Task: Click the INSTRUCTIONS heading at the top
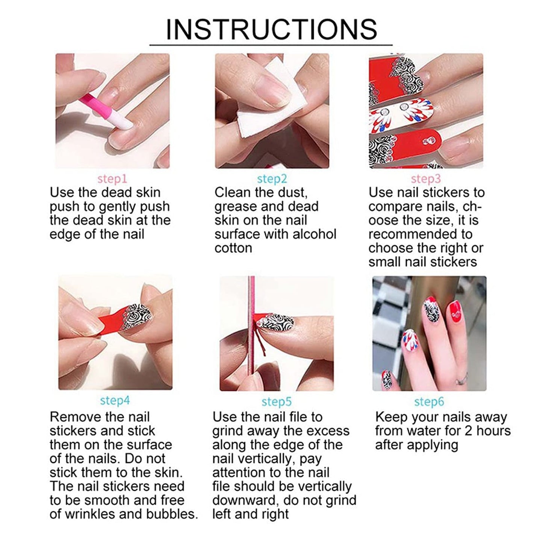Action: (271, 29)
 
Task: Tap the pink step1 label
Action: (112, 178)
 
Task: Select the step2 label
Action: (272, 178)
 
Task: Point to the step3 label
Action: (425, 178)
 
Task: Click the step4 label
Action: (115, 401)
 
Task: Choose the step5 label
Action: (277, 402)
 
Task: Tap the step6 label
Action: (429, 402)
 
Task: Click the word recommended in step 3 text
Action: (420, 234)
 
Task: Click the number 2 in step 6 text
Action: (467, 431)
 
